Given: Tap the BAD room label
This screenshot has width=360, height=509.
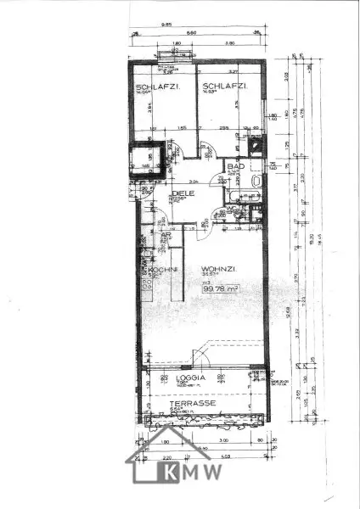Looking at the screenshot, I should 232,169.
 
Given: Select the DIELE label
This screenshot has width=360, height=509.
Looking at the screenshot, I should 183,193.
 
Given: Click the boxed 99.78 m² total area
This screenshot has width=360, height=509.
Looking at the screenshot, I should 219,288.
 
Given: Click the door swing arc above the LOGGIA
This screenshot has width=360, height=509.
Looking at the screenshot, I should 204,355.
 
